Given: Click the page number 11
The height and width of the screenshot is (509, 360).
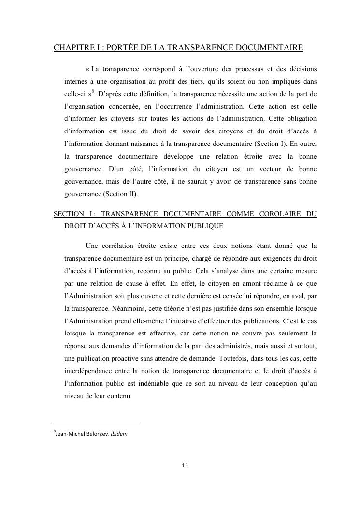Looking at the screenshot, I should pos(185,465).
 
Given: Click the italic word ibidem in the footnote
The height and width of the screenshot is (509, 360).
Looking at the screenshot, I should pos(119,434).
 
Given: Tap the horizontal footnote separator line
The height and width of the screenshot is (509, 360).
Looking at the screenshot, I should pos(97,423).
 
